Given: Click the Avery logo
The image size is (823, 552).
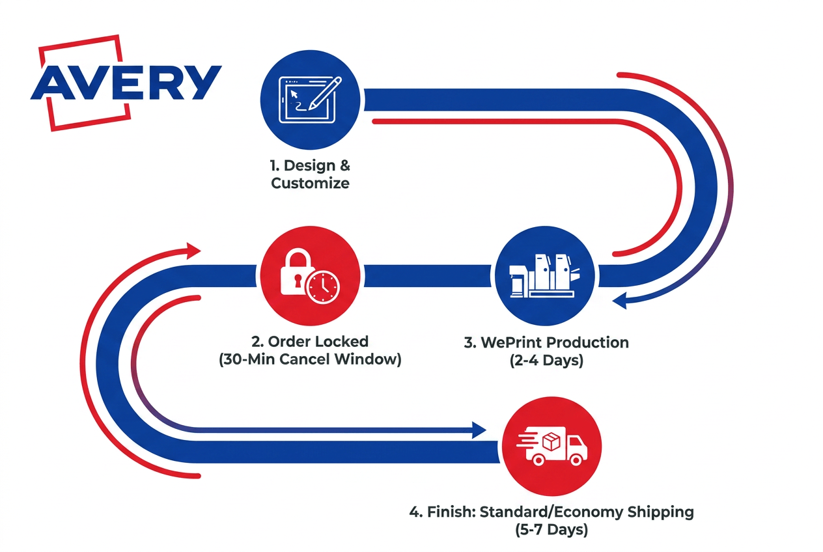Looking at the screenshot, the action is pos(126,83).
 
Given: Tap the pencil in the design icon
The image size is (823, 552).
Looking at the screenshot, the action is pos(325,93).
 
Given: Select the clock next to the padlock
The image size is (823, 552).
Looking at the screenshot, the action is pos(324,288).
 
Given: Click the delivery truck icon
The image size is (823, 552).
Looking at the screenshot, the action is pos(552,446).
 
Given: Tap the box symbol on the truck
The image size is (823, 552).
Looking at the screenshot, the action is pos(551,441).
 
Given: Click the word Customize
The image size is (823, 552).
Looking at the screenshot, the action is pos(310,183).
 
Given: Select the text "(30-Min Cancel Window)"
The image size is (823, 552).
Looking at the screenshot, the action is pos(310,359).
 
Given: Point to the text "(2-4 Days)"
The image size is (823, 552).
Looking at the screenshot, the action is pos(546,360).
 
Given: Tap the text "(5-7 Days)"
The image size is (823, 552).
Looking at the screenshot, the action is pos(551,530).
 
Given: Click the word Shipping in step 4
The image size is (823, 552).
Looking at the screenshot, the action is pos(661,512).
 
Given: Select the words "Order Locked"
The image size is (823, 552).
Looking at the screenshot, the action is pos(318,342).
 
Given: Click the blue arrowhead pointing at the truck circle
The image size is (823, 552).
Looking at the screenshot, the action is pos(479,430).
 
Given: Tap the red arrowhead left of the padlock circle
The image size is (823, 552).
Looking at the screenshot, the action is pos(193,251).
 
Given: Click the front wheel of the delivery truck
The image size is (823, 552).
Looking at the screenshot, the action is pos(576,460).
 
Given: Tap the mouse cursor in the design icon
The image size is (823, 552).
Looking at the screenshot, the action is pos(294,94).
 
